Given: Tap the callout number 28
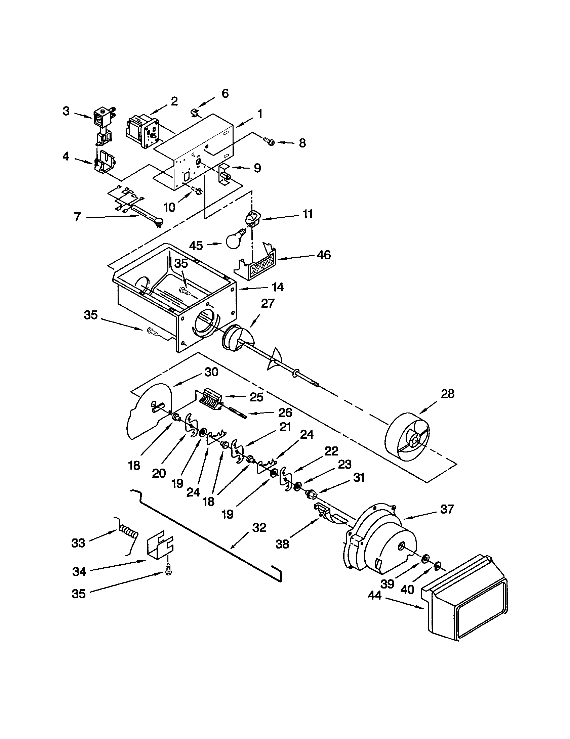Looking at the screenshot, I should pyautogui.click(x=447, y=394).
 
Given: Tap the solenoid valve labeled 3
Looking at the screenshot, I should pyautogui.click(x=100, y=121).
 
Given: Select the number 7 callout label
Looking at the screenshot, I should pyautogui.click(x=78, y=217).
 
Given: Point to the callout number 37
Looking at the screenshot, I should pyautogui.click(x=447, y=509).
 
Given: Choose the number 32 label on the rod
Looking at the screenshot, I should pyautogui.click(x=259, y=528).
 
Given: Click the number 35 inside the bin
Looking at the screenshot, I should pyautogui.click(x=181, y=264).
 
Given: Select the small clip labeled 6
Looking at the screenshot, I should pyautogui.click(x=194, y=112).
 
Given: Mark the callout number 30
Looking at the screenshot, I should pyautogui.click(x=211, y=372).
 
